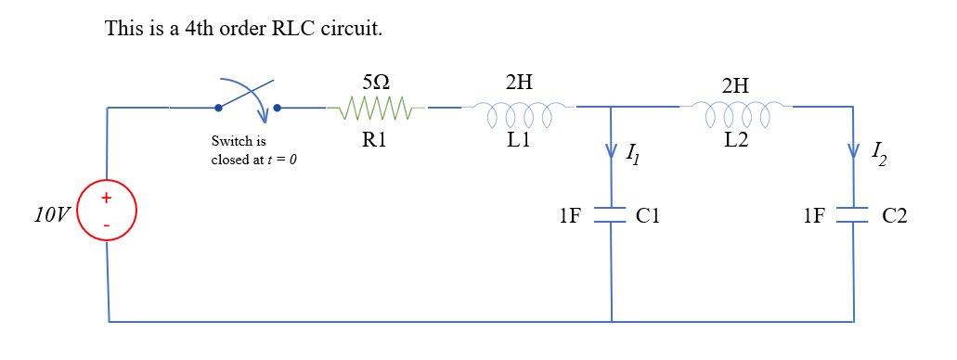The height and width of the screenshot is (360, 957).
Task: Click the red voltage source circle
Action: (x=108, y=211)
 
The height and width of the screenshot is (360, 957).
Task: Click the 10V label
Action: (x=51, y=216)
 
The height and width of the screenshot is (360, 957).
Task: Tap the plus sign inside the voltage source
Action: (x=108, y=198)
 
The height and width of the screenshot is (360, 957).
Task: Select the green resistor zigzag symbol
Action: (x=376, y=111)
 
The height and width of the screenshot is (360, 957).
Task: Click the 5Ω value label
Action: (x=375, y=83)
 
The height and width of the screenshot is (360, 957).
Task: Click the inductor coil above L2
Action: (x=737, y=115)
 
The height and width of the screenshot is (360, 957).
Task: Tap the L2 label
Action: (x=736, y=146)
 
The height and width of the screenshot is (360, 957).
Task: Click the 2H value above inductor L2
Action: (x=735, y=85)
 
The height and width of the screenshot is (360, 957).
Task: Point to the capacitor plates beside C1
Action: (x=611, y=215)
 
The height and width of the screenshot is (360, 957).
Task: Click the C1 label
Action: (x=649, y=216)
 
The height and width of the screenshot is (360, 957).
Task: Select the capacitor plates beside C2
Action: (x=853, y=215)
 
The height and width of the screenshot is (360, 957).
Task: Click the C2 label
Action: (x=895, y=216)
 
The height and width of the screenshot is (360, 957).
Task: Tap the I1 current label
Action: (x=632, y=154)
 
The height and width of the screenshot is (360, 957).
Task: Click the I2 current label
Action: (x=878, y=152)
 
